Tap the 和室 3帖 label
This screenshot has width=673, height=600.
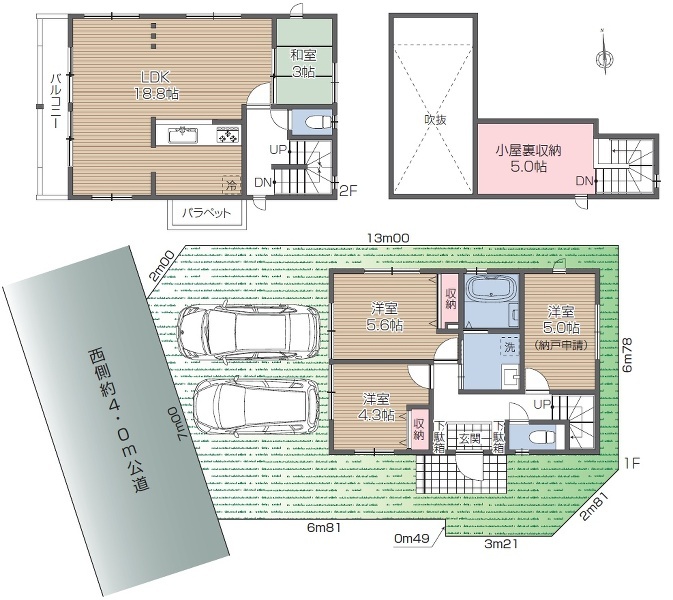pyautogui.click(x=304, y=64)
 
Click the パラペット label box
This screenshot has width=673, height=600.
pyautogui.click(x=207, y=213)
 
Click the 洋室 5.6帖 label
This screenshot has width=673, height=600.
pyautogui.click(x=384, y=317)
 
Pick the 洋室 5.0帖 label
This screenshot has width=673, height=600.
pyautogui.click(x=558, y=320)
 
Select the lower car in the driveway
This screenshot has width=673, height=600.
pyautogui.click(x=254, y=405)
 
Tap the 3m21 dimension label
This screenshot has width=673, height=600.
pyautogui.click(x=500, y=546)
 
